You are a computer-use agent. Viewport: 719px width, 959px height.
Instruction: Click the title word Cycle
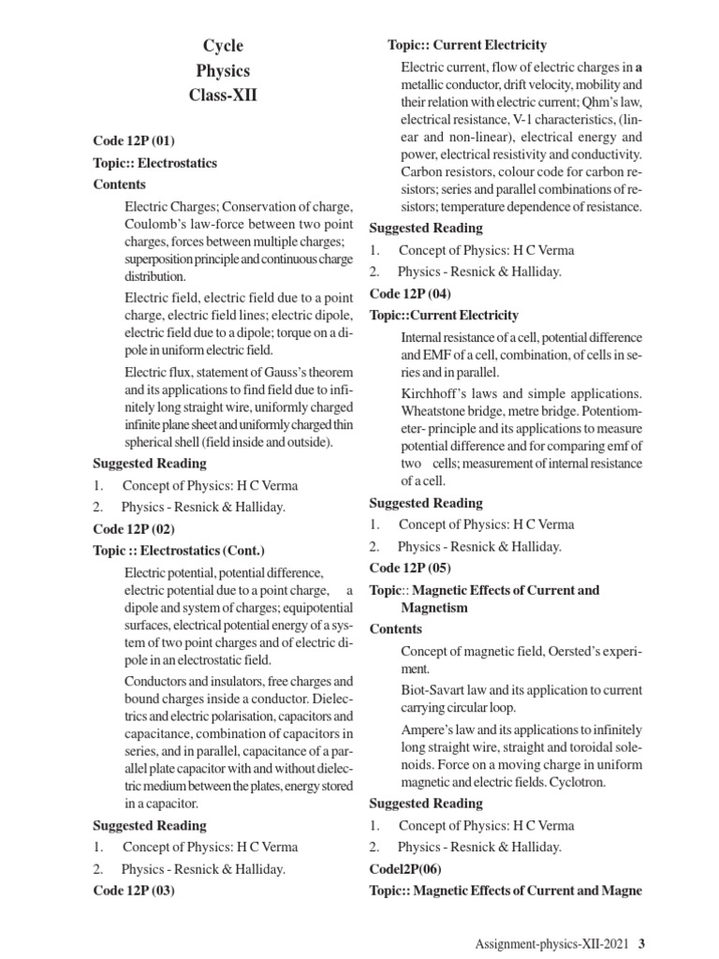point(223,46)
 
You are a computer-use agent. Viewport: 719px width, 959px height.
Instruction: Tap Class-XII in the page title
point(223,96)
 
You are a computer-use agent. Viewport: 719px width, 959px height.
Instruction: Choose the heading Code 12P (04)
point(410,293)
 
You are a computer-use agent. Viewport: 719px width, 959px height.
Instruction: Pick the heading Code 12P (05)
point(410,568)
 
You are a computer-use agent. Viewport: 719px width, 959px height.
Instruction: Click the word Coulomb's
point(155,225)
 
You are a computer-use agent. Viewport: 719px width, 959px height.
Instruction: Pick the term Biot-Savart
point(437,690)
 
